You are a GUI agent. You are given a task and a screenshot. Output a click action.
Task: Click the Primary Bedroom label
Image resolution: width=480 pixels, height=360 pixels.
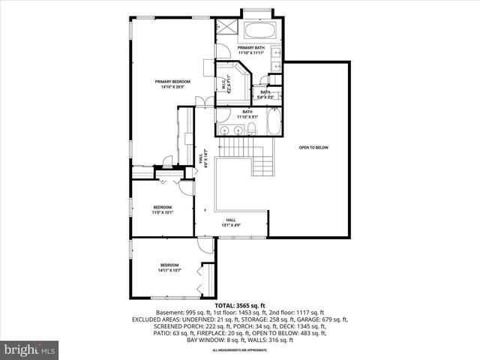click(172, 84)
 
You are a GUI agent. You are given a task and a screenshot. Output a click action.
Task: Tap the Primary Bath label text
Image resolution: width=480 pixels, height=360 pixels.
click(251, 50)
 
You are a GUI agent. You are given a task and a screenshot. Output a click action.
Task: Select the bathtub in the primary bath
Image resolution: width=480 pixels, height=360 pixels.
click(259, 31)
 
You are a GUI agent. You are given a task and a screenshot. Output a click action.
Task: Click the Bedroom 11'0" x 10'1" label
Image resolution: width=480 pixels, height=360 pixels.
click(163, 209)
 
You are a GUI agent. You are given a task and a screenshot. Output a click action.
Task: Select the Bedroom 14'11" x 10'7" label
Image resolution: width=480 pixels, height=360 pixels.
click(171, 267)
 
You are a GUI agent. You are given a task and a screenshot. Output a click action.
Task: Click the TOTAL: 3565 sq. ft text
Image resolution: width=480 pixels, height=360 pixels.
click(240, 305)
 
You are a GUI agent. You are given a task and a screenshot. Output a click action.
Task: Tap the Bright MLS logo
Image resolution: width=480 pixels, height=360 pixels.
click(30, 349)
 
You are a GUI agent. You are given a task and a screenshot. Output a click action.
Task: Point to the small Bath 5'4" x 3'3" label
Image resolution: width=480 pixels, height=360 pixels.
click(265, 94)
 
